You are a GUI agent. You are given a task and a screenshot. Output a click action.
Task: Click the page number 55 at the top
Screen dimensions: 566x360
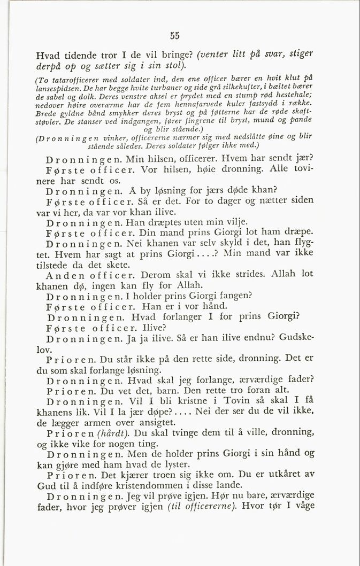(x=174, y=36)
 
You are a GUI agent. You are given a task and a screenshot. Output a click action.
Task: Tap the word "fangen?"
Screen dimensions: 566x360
(x=232, y=296)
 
